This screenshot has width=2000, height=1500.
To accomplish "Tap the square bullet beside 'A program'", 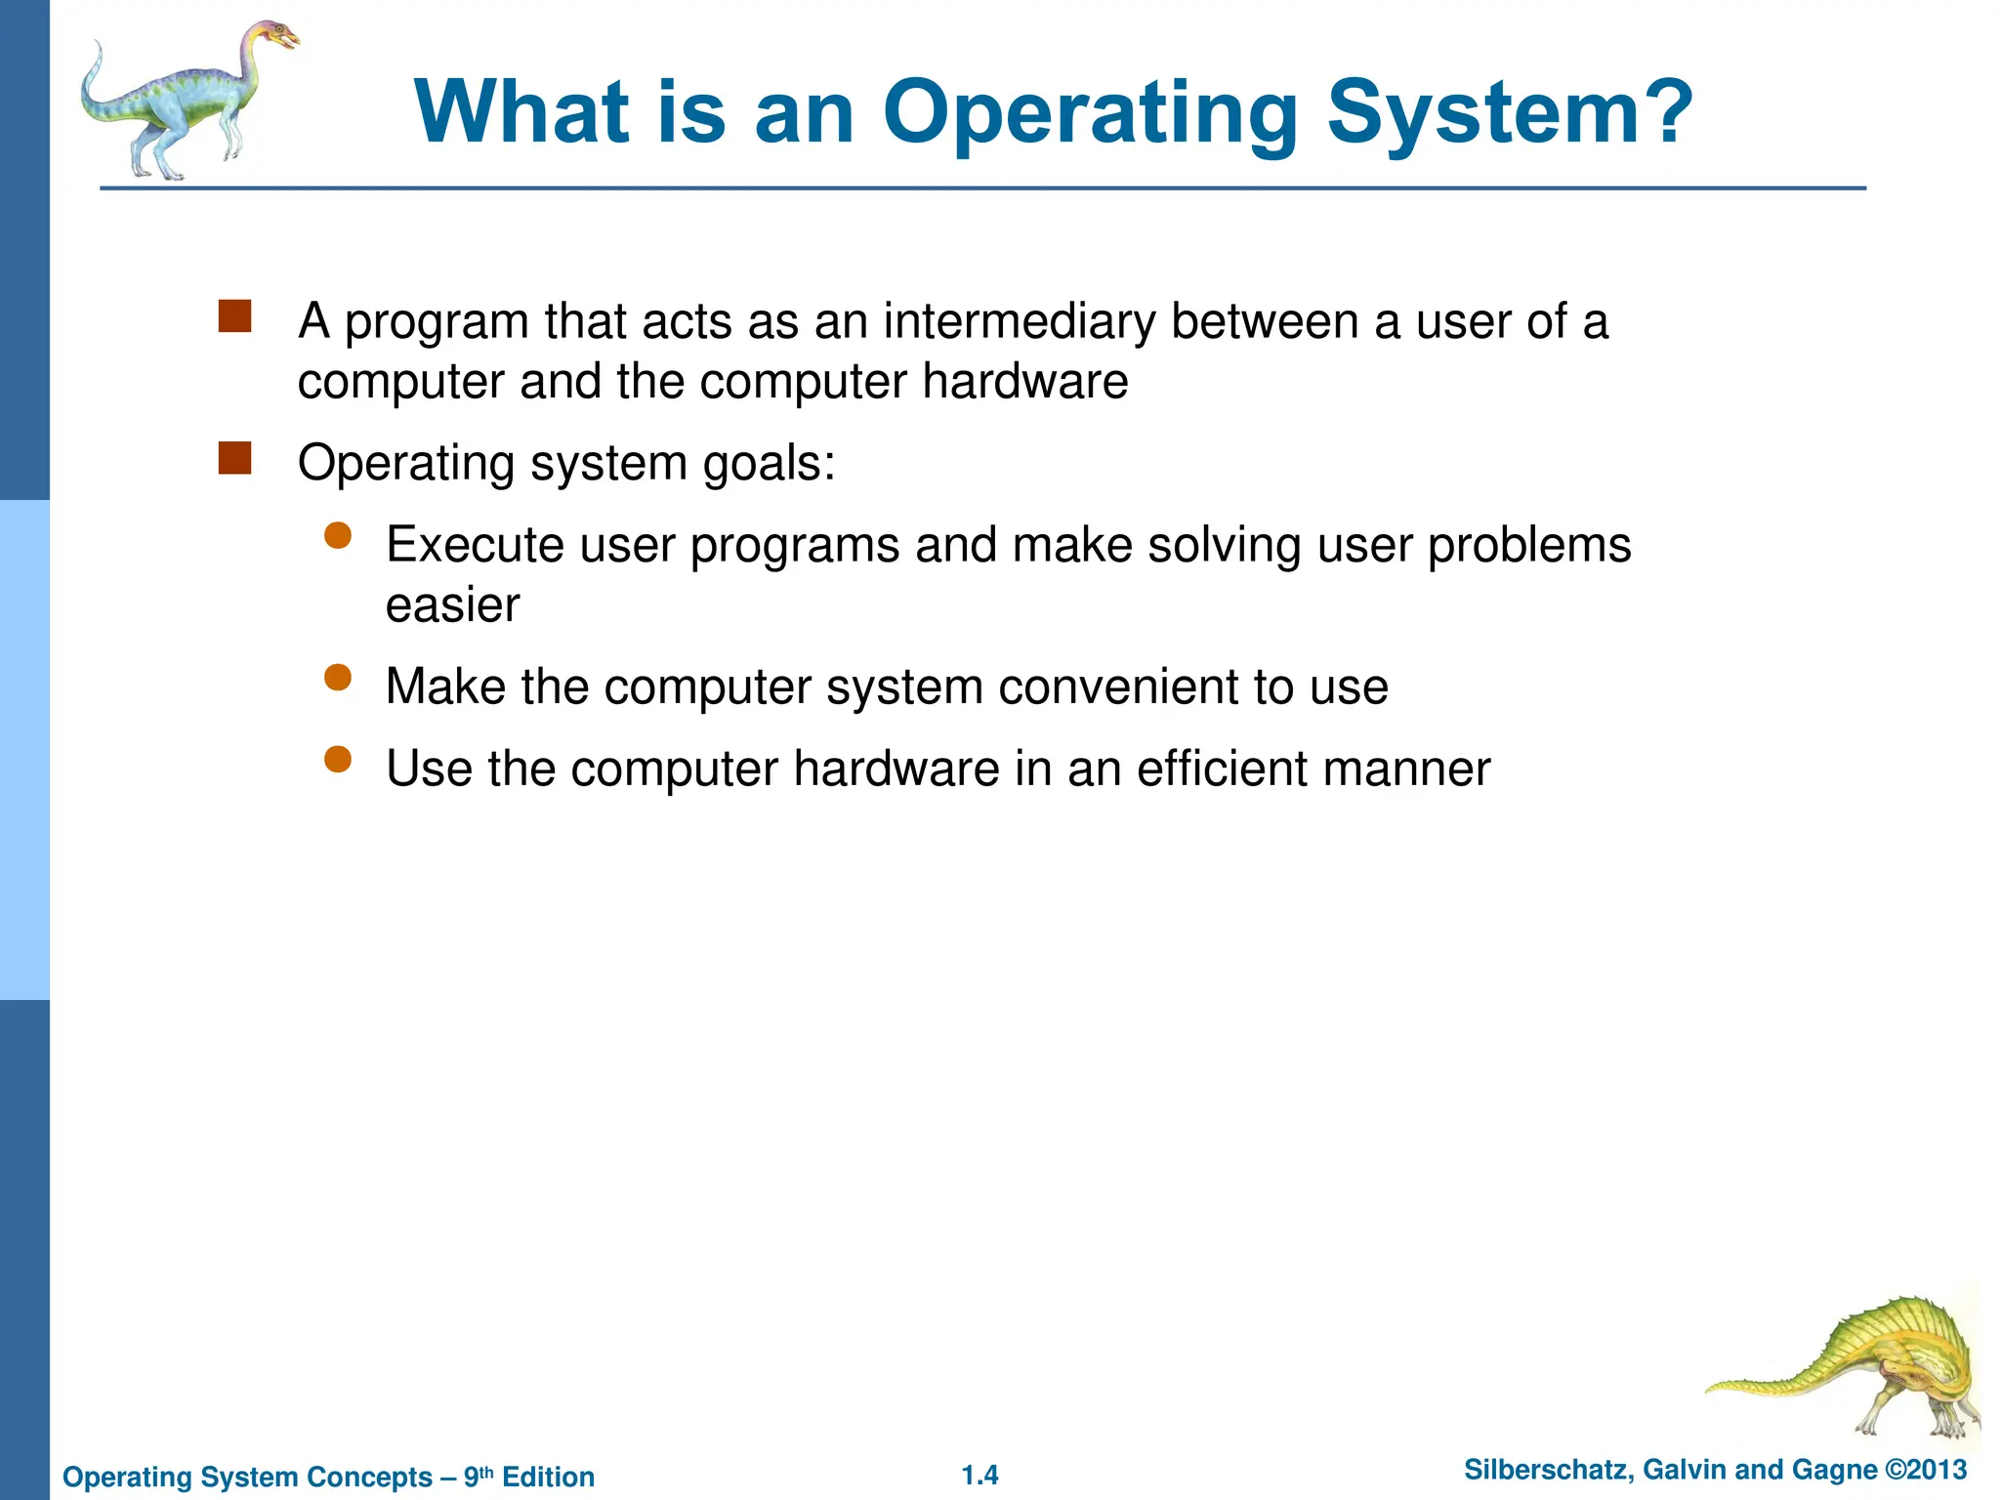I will (x=234, y=316).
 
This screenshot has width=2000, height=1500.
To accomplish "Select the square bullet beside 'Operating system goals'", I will (x=234, y=458).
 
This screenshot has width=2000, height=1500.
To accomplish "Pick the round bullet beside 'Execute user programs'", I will (x=338, y=535).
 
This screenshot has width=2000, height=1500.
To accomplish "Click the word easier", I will (x=452, y=605).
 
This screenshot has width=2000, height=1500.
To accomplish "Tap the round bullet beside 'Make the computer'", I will (x=338, y=677).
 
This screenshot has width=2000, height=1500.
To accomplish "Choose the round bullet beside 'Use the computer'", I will (x=338, y=759).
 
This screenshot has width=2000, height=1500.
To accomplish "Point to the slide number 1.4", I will (x=979, y=1476).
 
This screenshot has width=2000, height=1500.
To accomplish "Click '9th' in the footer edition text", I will (x=478, y=1476).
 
